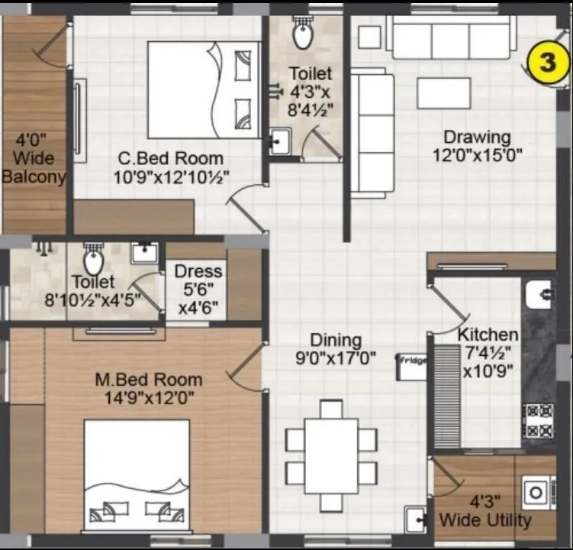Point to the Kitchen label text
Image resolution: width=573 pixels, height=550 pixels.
point(488,335)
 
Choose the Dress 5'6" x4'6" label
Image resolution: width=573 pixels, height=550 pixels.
point(198,290)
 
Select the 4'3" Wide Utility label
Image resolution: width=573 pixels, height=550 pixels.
point(484,512)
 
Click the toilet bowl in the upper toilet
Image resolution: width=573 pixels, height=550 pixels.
point(303,34)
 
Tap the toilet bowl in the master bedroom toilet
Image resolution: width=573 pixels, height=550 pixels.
point(93,260)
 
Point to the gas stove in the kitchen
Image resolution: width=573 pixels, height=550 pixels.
point(538,421)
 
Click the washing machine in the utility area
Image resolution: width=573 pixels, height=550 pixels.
point(536,493)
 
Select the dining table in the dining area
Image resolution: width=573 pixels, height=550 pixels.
point(331,455)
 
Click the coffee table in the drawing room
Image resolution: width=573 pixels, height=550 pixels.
point(443,93)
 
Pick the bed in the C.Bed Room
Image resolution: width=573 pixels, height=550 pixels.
point(202,89)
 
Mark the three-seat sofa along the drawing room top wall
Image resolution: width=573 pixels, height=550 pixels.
point(449,37)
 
